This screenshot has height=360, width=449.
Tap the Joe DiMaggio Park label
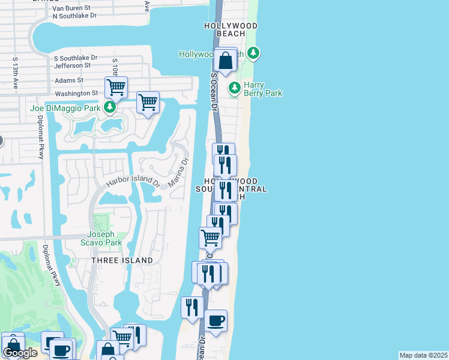(x=65, y=108)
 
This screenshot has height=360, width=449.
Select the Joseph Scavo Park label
(x=104, y=238)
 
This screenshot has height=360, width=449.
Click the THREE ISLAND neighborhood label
(x=122, y=260)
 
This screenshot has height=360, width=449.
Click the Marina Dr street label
(x=179, y=172)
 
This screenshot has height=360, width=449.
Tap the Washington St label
(x=76, y=94)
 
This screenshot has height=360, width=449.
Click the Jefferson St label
(x=72, y=65)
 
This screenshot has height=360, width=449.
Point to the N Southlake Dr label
(x=74, y=16)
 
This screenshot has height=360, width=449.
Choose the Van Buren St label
(x=74, y=8)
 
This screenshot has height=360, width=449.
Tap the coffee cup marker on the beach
(x=215, y=319)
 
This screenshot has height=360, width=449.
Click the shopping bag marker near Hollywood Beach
(x=226, y=61)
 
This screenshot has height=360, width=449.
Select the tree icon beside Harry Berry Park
(x=234, y=88)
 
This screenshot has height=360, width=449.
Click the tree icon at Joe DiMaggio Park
(x=110, y=108)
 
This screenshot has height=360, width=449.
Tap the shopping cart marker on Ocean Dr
(x=210, y=237)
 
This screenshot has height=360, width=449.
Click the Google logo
(x=20, y=353)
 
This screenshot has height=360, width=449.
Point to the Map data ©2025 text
(x=424, y=355)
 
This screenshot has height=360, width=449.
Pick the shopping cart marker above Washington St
(x=116, y=87)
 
